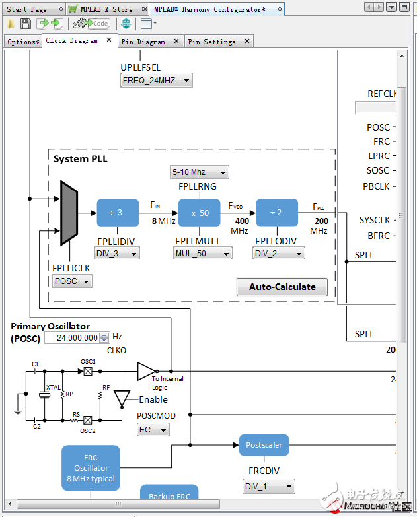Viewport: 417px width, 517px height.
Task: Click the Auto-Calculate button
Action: [282, 287]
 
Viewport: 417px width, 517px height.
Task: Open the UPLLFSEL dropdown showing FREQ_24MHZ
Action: [157, 81]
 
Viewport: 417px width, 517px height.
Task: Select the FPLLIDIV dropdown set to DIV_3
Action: [117, 253]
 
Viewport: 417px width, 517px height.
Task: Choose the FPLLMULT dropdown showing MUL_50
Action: [203, 253]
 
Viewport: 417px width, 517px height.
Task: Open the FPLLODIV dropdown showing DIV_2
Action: [279, 253]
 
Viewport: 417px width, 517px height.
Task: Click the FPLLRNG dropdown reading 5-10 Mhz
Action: [200, 172]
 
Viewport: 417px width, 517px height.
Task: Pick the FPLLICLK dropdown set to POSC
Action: [71, 281]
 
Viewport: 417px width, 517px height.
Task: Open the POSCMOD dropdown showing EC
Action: [153, 430]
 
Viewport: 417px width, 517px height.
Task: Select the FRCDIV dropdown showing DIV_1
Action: [268, 487]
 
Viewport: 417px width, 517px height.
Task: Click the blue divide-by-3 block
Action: [118, 213]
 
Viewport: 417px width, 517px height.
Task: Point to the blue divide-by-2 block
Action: [277, 213]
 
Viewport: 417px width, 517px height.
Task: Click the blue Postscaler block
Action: [264, 445]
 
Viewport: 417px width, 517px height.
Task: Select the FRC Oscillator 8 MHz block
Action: [91, 468]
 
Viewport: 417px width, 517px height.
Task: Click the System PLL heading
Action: [80, 159]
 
